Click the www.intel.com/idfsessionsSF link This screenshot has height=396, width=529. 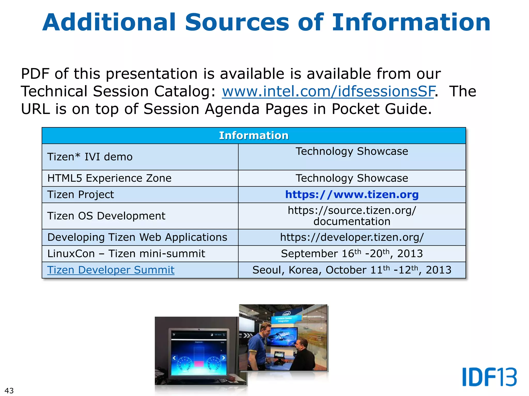(x=328, y=92)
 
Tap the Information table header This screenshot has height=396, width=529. (x=254, y=136)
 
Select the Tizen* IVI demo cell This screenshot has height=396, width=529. (x=90, y=157)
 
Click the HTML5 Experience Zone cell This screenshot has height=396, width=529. (x=109, y=178)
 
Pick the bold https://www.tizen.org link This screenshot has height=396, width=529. (x=352, y=194)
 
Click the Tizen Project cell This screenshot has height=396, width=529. (x=81, y=194)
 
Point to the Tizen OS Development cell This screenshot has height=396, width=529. (x=106, y=216)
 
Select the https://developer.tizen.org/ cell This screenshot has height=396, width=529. (x=352, y=237)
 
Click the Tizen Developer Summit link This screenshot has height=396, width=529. (x=111, y=270)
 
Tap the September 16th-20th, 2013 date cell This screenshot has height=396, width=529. (x=352, y=254)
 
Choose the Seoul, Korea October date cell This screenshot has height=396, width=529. (x=352, y=270)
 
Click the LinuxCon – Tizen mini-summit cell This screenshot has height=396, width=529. (x=126, y=254)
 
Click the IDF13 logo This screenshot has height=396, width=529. (x=489, y=377)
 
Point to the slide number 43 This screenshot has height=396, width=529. (x=9, y=391)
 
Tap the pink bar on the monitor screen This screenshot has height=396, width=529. (x=199, y=364)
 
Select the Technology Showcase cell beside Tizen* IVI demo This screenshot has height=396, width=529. (x=352, y=151)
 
